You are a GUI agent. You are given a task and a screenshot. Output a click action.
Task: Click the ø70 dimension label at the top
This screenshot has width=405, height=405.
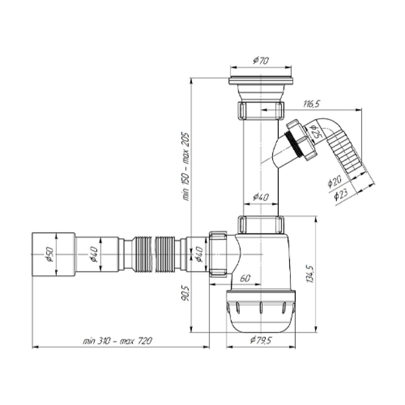pyautogui.click(x=261, y=61)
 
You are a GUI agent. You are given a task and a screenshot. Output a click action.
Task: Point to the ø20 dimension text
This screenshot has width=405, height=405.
pyautogui.click(x=334, y=181)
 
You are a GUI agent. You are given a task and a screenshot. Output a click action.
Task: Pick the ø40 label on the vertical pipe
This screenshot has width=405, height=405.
pyautogui.click(x=261, y=197)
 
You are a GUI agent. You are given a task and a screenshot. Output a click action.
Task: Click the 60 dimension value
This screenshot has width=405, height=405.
pyautogui.click(x=245, y=279)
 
